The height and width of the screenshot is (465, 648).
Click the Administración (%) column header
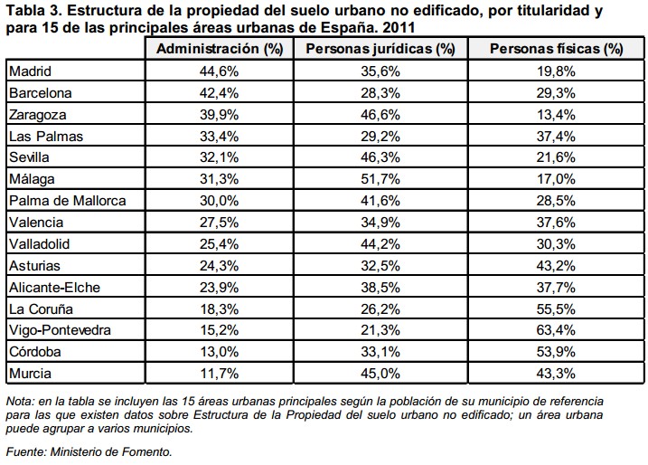221,49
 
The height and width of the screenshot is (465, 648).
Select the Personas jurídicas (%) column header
380,49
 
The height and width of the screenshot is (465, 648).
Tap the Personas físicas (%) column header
557,49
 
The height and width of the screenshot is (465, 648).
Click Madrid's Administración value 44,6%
221,71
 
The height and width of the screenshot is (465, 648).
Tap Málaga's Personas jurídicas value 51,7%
380,179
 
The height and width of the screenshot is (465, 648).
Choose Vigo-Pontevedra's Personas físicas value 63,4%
558,331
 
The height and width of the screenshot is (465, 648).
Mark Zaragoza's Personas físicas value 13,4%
558,114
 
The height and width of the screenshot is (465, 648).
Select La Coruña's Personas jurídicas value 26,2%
380,309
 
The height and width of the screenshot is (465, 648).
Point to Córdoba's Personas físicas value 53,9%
558,353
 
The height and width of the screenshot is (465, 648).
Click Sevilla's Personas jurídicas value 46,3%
380,157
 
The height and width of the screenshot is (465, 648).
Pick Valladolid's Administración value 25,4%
221,244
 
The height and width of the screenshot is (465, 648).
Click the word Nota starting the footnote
17,400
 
